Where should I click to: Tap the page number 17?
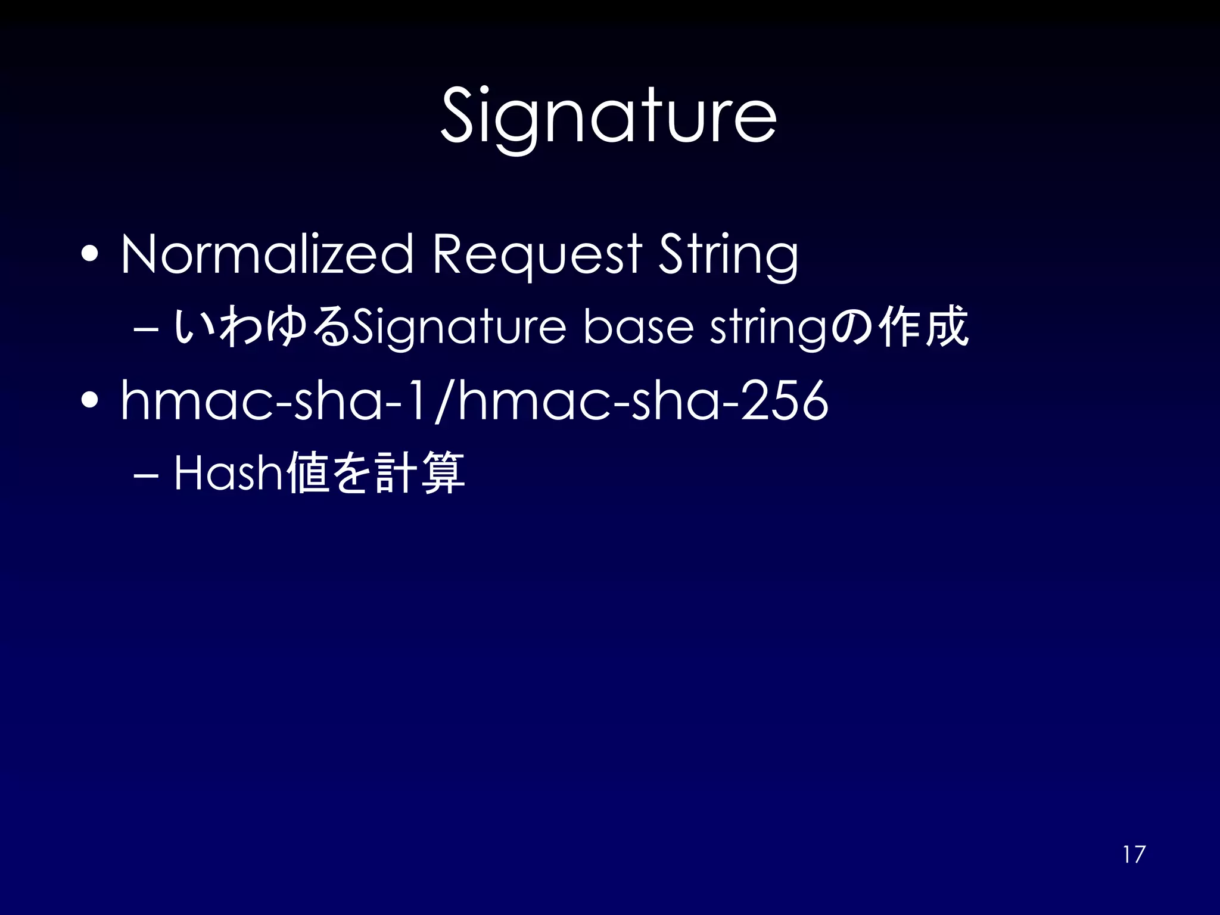click(1134, 854)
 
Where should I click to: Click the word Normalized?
click(267, 254)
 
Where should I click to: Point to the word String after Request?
click(728, 256)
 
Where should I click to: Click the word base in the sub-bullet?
click(638, 327)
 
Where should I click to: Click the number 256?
click(784, 400)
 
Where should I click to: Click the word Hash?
click(228, 473)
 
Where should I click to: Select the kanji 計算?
click(420, 473)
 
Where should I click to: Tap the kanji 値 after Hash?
click(307, 473)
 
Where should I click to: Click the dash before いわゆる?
click(147, 328)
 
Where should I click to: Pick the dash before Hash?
click(147, 474)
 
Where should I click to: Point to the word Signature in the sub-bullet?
click(459, 327)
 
